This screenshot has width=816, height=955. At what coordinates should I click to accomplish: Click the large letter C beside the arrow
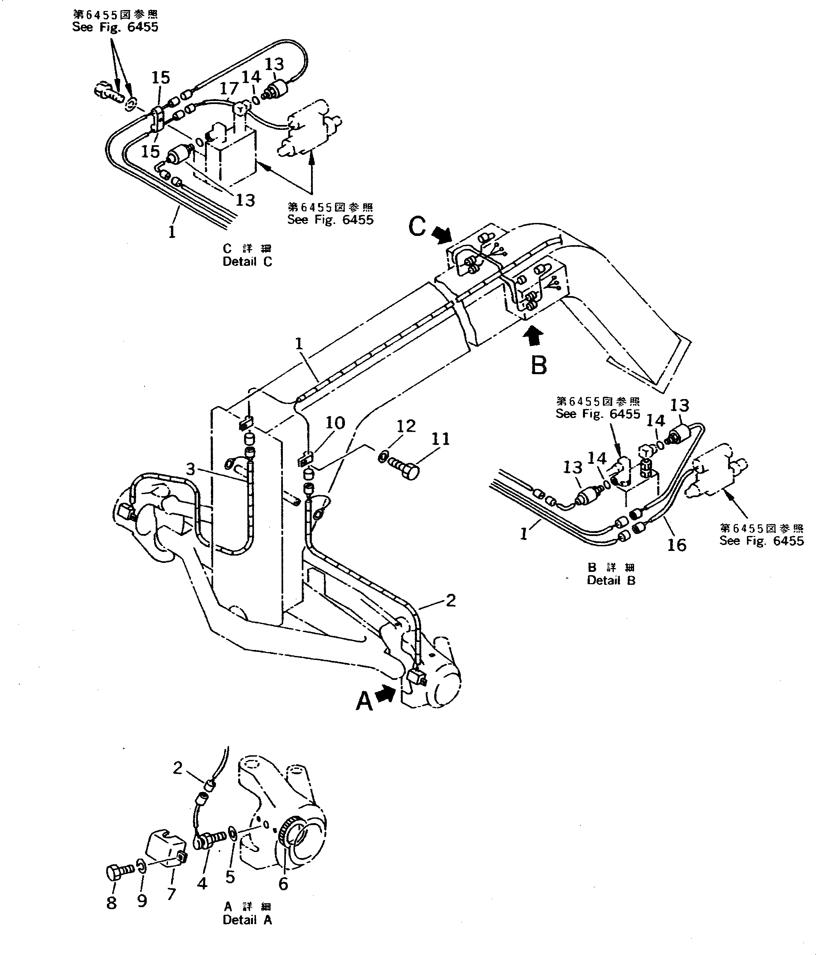pos(417,227)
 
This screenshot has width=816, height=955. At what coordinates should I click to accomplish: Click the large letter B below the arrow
pos(539,365)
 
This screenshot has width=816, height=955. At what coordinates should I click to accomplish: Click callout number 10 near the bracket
pos(335,423)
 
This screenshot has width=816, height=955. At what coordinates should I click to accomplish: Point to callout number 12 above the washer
pos(406,426)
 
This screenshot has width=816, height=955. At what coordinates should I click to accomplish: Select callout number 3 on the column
pos(191,470)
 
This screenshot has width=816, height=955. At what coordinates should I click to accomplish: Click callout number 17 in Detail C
pos(229,88)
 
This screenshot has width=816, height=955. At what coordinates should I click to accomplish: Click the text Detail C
pos(247,261)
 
